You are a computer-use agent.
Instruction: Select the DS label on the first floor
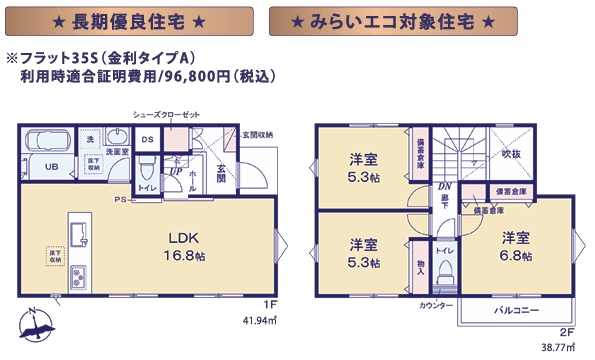[x=147, y=140]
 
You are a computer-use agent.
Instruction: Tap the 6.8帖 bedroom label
[x=516, y=246]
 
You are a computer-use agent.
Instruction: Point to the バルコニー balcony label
[x=516, y=312]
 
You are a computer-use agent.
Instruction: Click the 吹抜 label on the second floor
[x=511, y=154]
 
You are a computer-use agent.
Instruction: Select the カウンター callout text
[x=436, y=304]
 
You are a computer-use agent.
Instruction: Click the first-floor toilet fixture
[x=146, y=165]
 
